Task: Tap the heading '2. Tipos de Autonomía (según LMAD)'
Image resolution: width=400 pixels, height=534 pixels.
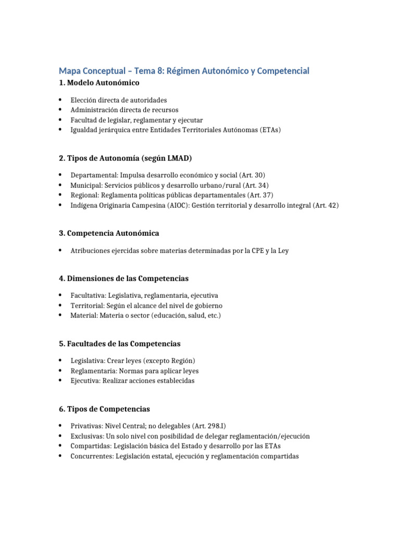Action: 128,159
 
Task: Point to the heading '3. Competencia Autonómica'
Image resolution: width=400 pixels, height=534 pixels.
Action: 109,233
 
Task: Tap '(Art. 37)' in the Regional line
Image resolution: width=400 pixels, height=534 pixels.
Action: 261,195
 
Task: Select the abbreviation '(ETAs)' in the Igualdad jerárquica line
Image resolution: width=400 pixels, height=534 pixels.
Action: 269,130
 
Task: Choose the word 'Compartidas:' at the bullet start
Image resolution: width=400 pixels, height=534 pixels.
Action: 90,446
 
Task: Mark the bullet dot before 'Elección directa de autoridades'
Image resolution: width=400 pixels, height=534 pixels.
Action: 61,99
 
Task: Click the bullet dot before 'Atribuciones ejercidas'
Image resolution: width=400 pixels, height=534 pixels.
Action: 61,250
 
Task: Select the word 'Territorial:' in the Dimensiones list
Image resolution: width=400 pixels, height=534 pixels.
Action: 87,306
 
